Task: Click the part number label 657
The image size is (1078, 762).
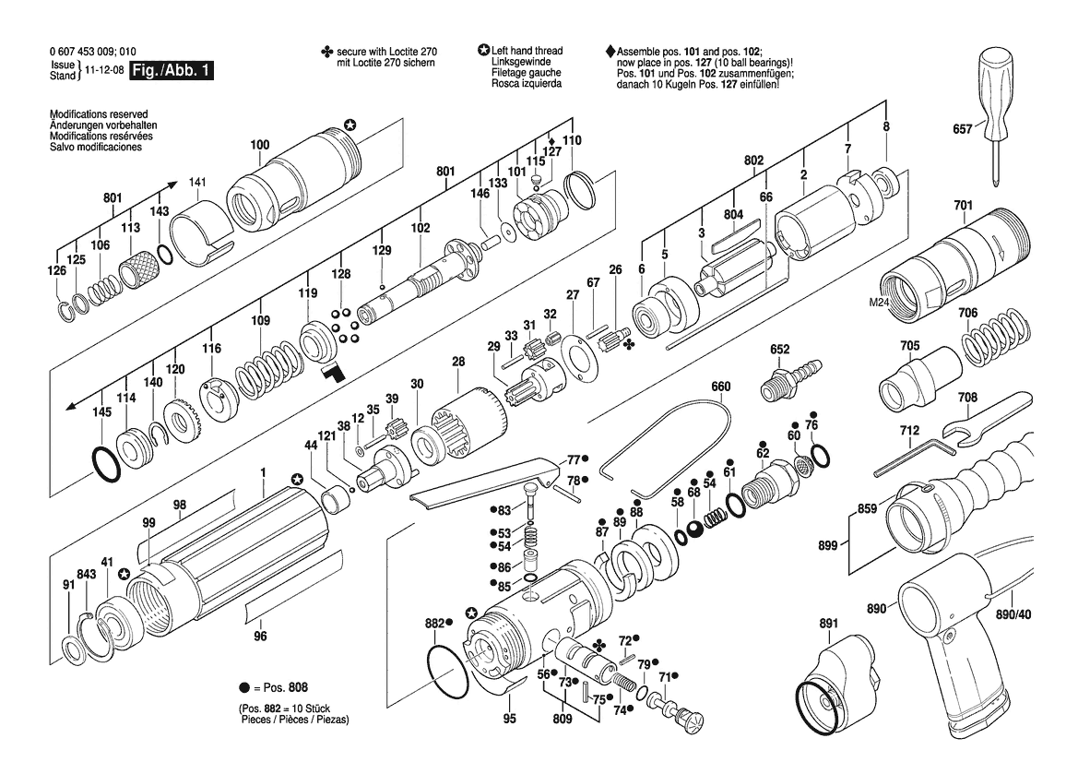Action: [962, 131]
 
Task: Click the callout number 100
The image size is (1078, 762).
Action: [260, 144]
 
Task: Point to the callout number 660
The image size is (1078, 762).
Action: [721, 386]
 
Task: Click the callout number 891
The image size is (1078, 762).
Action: [828, 624]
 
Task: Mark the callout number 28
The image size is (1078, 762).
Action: [458, 362]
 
